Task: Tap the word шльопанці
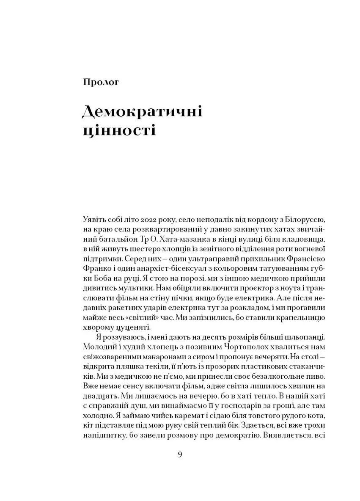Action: tap(300, 337)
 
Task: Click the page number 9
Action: tap(181, 455)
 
